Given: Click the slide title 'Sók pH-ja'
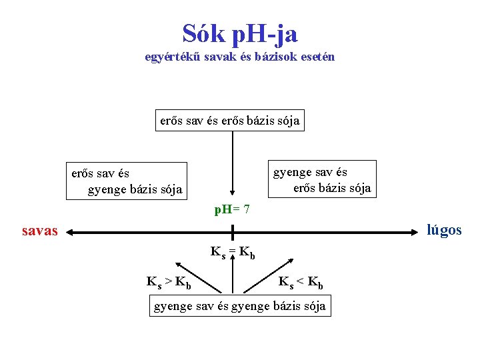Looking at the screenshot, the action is coord(240,33).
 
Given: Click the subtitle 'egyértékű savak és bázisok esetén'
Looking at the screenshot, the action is coord(240,57).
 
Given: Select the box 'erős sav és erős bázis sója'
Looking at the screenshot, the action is coord(230,121).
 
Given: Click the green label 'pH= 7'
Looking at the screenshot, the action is coord(232,210).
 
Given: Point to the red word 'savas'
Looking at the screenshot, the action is coord(40,231).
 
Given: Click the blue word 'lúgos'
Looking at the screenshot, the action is coord(444,231).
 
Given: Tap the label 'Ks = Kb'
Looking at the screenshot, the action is coord(233,253).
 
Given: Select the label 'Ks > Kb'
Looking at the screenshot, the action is coord(169,282).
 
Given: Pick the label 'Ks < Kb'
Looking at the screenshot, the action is coord(301,282).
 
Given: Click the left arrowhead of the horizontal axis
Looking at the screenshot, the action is coord(71,233).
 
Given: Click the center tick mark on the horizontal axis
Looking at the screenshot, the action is coord(232,233).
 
